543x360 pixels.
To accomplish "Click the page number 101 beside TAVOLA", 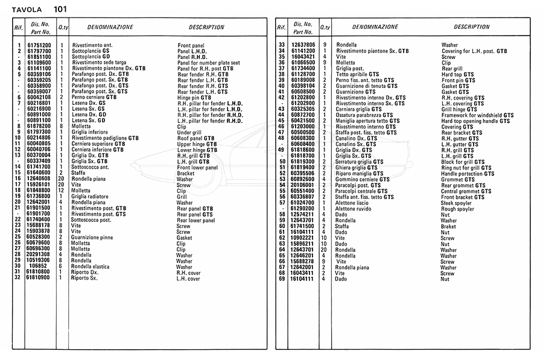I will coord(60,9).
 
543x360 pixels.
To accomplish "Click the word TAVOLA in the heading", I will coord(26,10).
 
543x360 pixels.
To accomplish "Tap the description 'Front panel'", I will coord(191,45).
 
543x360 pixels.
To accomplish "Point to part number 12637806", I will coord(303,45).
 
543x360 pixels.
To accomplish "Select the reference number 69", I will coord(281,279).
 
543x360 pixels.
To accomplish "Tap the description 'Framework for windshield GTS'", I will coord(477,115).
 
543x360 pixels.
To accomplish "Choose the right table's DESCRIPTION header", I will coord(471,27).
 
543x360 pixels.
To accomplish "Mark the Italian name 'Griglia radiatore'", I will coord(91,197).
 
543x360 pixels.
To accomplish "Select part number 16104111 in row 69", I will coord(303,279).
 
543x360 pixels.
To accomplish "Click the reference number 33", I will coord(281,45).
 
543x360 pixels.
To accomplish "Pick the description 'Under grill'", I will coord(190,132).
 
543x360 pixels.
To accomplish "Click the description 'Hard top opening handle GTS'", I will coord(475,121).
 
